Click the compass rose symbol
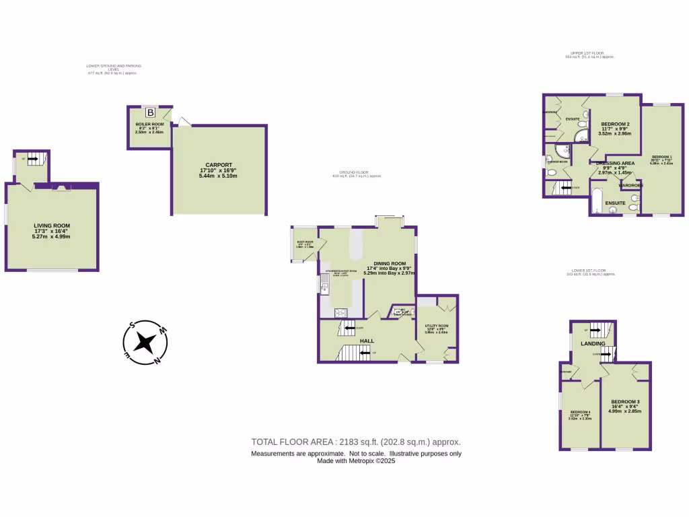[x=143, y=343]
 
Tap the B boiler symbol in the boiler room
[x=151, y=112]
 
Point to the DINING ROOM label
[x=390, y=263]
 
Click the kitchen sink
[x=324, y=289]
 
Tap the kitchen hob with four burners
[x=340, y=312]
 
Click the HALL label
[x=367, y=341]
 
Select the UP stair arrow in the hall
[x=363, y=353]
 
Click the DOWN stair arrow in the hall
[x=350, y=328]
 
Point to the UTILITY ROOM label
[x=436, y=326]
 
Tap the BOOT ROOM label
[x=305, y=241]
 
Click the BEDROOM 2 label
[x=615, y=125]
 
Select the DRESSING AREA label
[x=616, y=164]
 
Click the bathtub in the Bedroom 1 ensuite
[x=597, y=202]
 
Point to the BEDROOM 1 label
[x=661, y=158]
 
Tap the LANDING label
[x=593, y=343]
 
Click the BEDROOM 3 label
[x=626, y=402]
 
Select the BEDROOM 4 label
[x=580, y=412]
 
